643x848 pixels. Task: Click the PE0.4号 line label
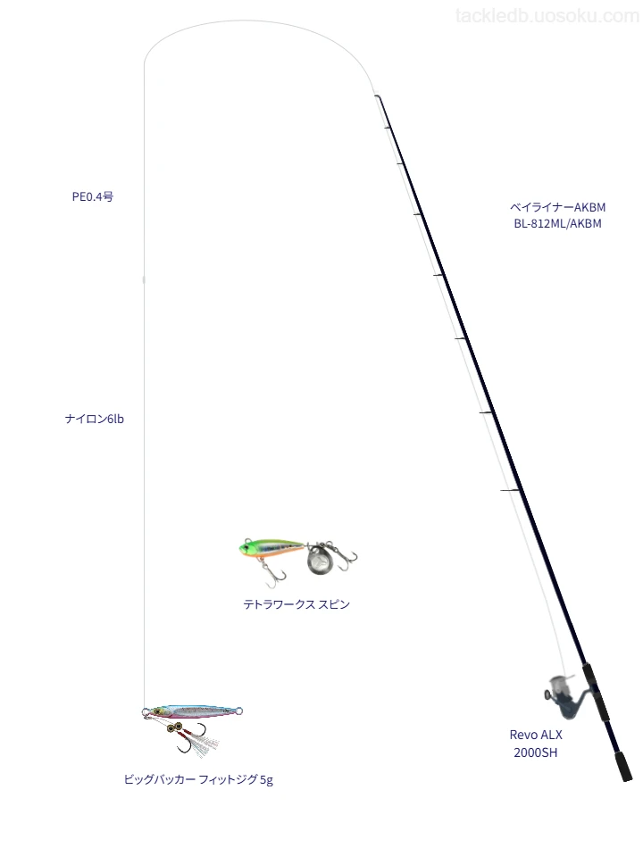click(x=93, y=197)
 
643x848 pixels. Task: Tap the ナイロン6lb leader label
click(x=94, y=420)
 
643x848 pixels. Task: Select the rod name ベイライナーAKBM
click(x=557, y=207)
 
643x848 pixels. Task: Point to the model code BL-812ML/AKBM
click(x=557, y=223)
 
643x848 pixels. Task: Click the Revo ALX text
click(x=536, y=735)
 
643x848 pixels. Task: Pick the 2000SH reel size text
click(x=535, y=752)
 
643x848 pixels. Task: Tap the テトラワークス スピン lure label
click(x=296, y=604)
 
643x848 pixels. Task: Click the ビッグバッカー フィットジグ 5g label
click(x=198, y=779)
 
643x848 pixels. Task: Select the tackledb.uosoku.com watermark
click(x=547, y=16)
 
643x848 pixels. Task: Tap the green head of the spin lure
click(x=248, y=548)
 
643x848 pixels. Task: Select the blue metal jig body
click(x=192, y=711)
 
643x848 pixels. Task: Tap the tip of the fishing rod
click(x=375, y=96)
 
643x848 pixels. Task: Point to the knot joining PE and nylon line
click(x=144, y=279)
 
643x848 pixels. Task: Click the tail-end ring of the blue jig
click(x=238, y=711)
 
